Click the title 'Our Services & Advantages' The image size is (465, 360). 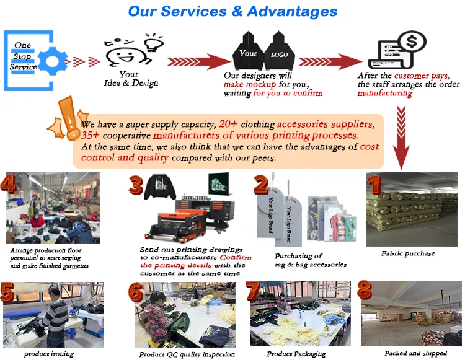pyautogui.click(x=232, y=12)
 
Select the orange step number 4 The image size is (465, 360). pyautogui.click(x=9, y=184)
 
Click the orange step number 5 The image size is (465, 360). pyautogui.click(x=8, y=293)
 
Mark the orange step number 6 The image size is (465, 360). pyautogui.click(x=136, y=293)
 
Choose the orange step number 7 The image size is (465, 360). pyautogui.click(x=254, y=292)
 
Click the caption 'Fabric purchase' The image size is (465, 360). pyautogui.click(x=408, y=253)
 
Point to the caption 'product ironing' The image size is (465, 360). pyautogui.click(x=49, y=354)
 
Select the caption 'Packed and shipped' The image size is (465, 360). pyautogui.click(x=415, y=353)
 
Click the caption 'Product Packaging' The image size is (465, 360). pyautogui.click(x=296, y=354)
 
